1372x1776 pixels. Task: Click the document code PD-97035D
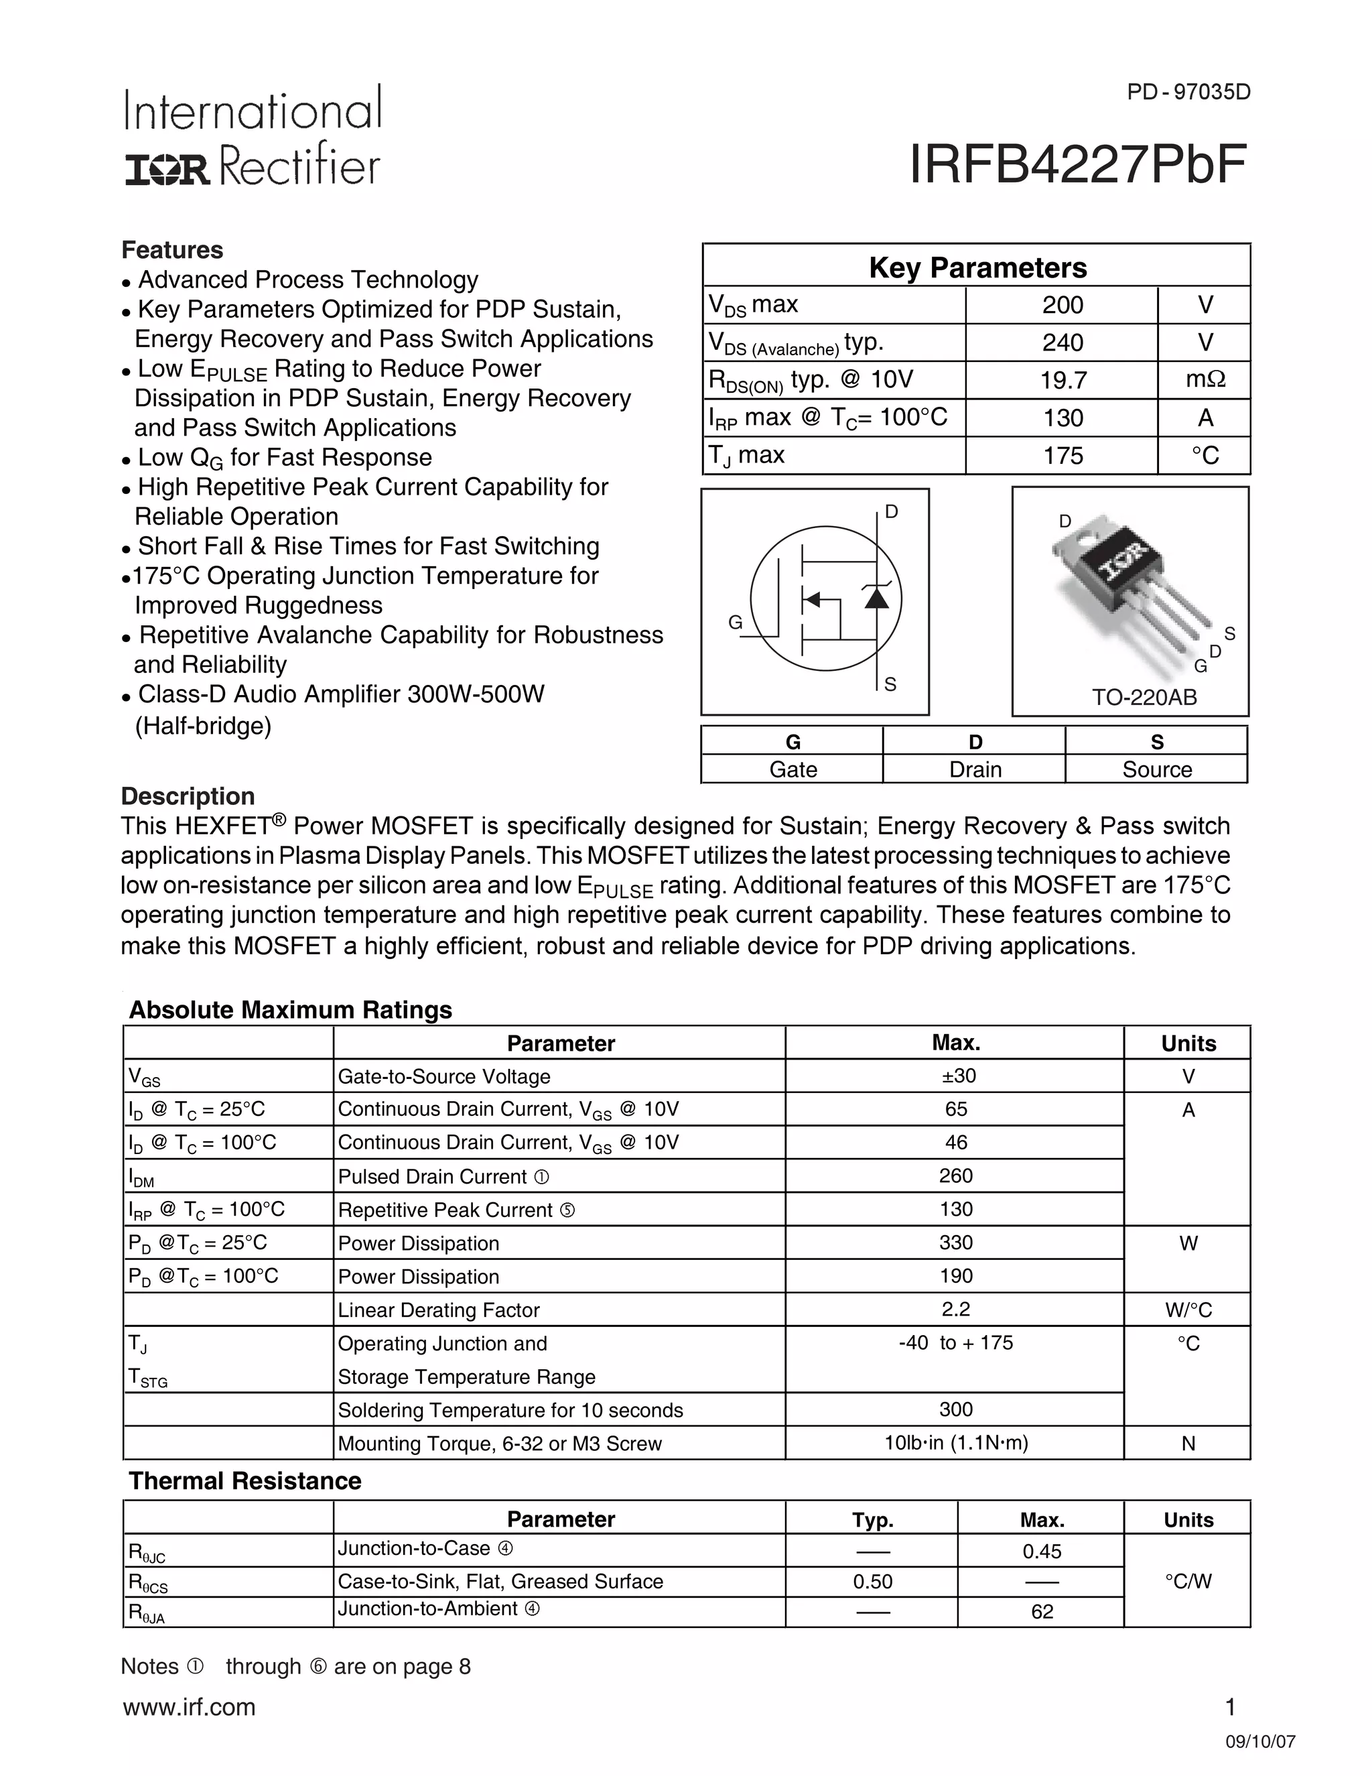click(x=1188, y=92)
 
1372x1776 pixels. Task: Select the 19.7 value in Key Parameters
click(x=1062, y=380)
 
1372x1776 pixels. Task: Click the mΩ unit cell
click(x=1205, y=380)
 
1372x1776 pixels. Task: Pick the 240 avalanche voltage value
click(x=1062, y=342)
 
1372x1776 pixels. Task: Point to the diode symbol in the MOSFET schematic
click(x=876, y=598)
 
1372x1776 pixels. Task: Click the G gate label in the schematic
click(x=735, y=622)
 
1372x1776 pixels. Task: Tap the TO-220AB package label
click(x=1144, y=697)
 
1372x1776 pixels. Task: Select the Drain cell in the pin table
click(x=975, y=769)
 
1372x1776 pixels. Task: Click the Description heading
click(x=188, y=796)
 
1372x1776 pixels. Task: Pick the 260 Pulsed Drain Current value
click(x=956, y=1176)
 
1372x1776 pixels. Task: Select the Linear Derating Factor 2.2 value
click(x=956, y=1310)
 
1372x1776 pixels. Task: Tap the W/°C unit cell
click(x=1188, y=1310)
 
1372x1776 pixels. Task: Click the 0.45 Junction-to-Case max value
click(x=1041, y=1551)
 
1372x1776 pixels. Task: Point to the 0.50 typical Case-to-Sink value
click(x=872, y=1582)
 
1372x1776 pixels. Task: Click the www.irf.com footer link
click(x=190, y=1707)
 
